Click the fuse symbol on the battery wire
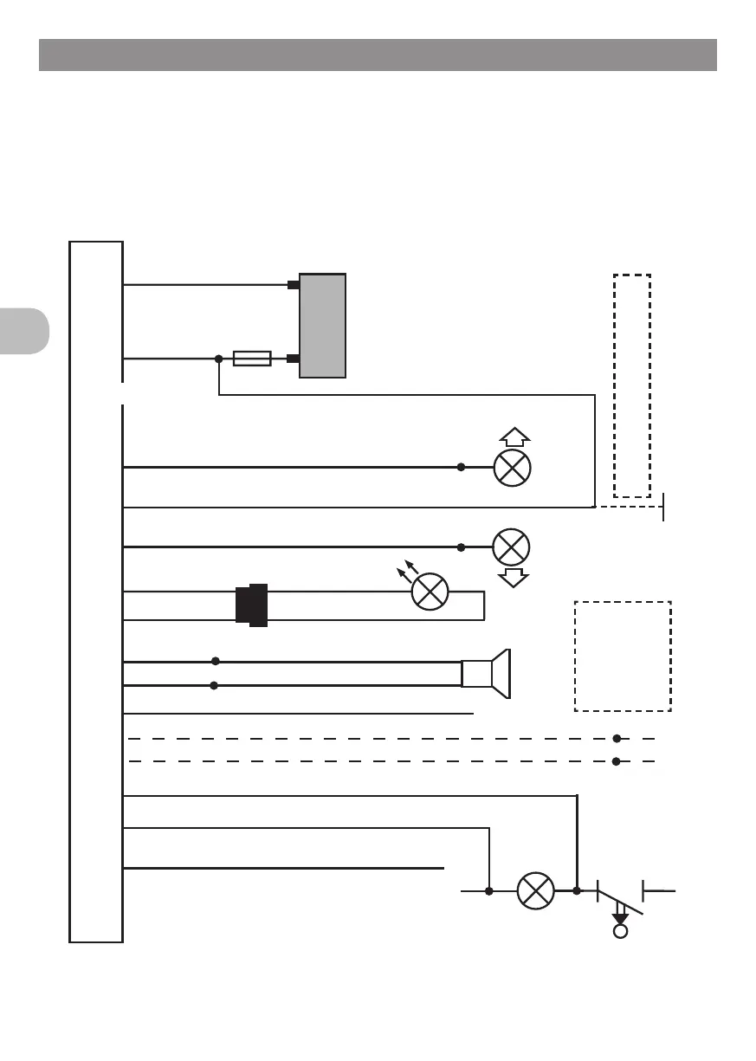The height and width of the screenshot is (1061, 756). pyautogui.click(x=252, y=359)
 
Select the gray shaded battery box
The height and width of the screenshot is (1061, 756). pyautogui.click(x=322, y=325)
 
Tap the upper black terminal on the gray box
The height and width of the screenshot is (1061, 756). pyautogui.click(x=294, y=284)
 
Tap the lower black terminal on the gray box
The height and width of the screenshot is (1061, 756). pyautogui.click(x=294, y=359)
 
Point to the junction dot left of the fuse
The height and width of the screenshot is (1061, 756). pyautogui.click(x=218, y=359)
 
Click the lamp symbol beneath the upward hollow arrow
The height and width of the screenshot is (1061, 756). pyautogui.click(x=511, y=468)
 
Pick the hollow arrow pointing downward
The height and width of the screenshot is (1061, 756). pyautogui.click(x=514, y=578)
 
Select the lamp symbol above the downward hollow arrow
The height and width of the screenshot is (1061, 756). pyautogui.click(x=511, y=547)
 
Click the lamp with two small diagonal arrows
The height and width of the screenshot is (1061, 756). pyautogui.click(x=430, y=592)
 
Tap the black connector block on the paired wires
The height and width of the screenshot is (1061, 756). pyautogui.click(x=252, y=605)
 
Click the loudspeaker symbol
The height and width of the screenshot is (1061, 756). pyautogui.click(x=489, y=673)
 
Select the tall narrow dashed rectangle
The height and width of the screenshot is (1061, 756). pyautogui.click(x=632, y=385)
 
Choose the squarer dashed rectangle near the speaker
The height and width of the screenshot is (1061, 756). pyautogui.click(x=623, y=656)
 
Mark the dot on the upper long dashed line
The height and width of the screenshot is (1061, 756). pyautogui.click(x=617, y=739)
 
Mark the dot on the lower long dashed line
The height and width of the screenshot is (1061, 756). pyautogui.click(x=617, y=762)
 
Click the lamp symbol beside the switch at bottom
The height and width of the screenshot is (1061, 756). pyautogui.click(x=535, y=890)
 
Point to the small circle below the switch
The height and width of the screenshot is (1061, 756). pyautogui.click(x=620, y=932)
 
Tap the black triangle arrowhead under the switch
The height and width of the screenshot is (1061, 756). pyautogui.click(x=620, y=916)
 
